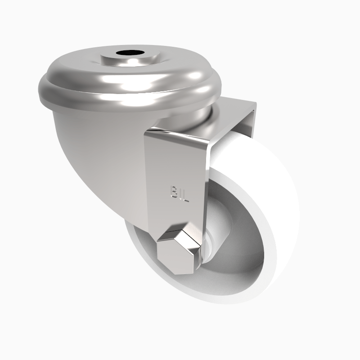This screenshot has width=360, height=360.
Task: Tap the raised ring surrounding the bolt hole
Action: point(112,58)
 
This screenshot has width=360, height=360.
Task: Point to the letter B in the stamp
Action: point(171,192)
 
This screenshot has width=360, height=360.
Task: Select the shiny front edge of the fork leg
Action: point(205,157)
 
